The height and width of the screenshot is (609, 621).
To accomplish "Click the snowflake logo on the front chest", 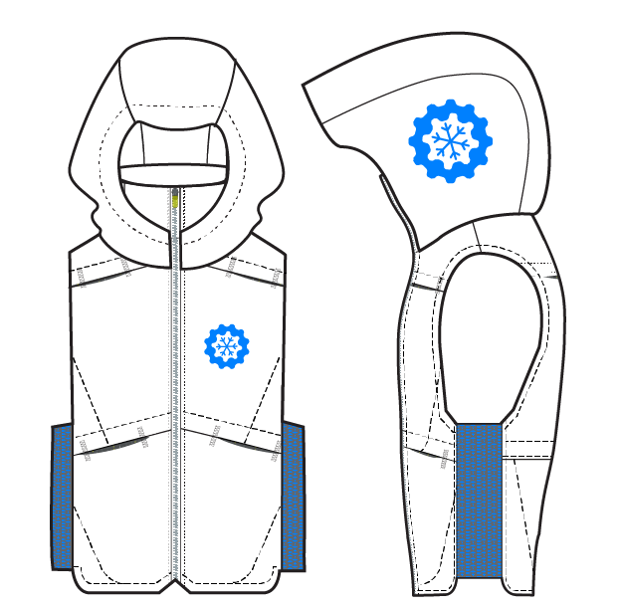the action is pyautogui.click(x=227, y=346).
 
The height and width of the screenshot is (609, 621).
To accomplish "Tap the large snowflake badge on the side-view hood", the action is pyautogui.click(x=451, y=140).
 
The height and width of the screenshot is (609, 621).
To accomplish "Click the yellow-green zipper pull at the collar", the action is pyautogui.click(x=175, y=199).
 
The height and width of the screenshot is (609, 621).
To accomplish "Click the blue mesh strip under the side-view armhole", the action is pyautogui.click(x=479, y=498).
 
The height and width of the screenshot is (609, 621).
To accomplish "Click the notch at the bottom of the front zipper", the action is pyautogui.click(x=175, y=580).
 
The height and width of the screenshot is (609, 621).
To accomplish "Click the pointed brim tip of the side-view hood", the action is pyautogui.click(x=307, y=87).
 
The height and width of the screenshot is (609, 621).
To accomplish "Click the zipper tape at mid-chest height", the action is pyautogui.click(x=176, y=338).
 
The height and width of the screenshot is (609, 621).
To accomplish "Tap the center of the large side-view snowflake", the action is pyautogui.click(x=451, y=140).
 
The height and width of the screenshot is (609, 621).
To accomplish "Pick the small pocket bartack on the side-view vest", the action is pyautogui.click(x=444, y=459).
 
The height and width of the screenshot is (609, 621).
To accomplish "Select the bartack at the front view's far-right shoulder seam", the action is pyautogui.click(x=276, y=278).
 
